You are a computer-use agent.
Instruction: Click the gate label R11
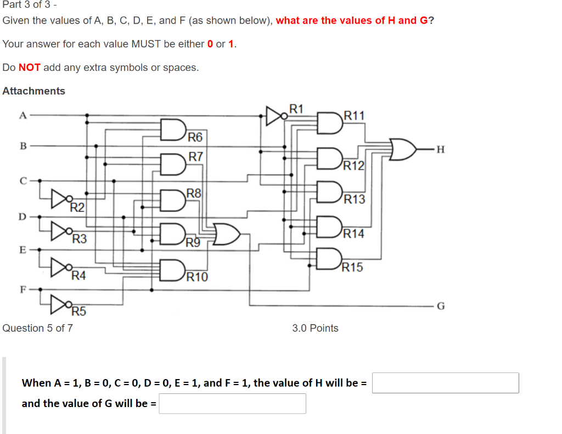[353, 115]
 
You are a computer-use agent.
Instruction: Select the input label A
[23, 115]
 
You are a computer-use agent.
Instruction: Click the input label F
[23, 288]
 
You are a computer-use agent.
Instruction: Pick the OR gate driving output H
[402, 149]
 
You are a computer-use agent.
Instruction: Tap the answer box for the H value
[445, 383]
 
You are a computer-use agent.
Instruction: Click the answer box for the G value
[232, 403]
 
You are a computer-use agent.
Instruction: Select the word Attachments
[33, 91]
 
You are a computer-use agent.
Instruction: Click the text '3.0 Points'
[315, 328]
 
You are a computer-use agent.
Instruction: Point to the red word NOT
[30, 68]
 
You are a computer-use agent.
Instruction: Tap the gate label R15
[352, 268]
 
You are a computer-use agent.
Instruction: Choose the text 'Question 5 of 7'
[37, 328]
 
